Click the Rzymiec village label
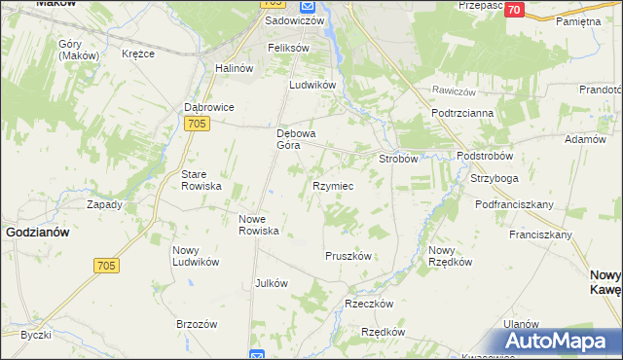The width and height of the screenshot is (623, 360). [332, 185]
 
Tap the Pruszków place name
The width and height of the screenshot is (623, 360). [348, 255]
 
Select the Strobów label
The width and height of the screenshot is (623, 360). [398, 158]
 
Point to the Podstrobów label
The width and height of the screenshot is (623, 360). [491, 156]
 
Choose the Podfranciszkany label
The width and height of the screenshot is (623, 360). [514, 204]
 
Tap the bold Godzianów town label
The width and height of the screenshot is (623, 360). [37, 233]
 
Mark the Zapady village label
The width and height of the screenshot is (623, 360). [104, 204]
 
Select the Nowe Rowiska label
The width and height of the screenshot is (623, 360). [260, 225]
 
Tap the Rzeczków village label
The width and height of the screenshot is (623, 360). [368, 304]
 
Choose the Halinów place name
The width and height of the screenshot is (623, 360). [234, 68]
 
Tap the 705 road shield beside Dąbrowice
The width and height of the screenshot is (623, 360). [197, 123]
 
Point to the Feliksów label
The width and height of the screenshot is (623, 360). [288, 48]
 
